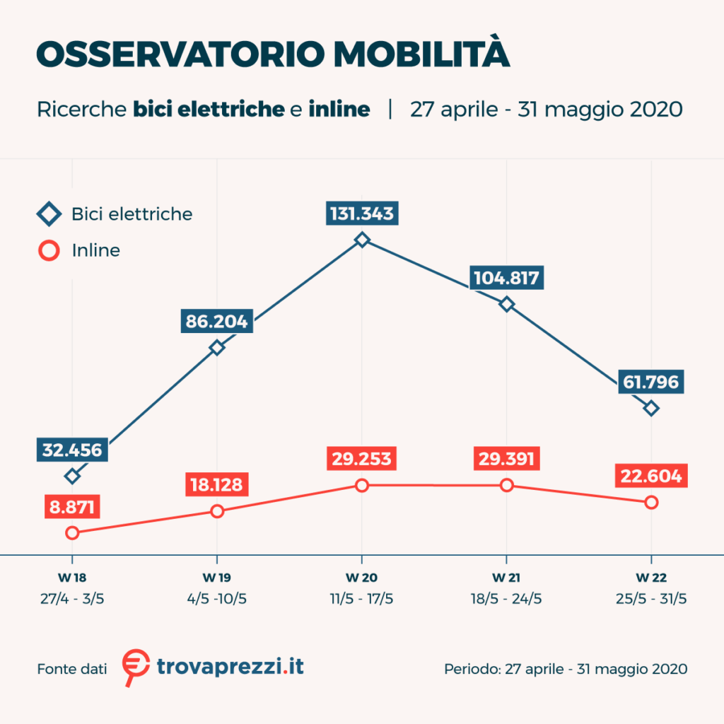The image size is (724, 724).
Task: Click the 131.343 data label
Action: pos(362,214)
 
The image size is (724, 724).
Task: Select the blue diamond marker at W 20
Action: pos(362,240)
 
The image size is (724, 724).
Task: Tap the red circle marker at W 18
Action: pos(72,532)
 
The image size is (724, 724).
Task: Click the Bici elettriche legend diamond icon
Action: pos(49,214)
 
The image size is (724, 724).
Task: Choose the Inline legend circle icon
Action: pos(49,250)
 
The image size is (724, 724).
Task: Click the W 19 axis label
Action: pos(217,577)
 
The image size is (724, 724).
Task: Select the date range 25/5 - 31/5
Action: pos(651,598)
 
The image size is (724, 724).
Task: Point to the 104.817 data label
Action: pos(507,277)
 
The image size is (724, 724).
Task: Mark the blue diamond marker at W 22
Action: pos(651,408)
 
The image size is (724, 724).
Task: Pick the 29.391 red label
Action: pos(506,458)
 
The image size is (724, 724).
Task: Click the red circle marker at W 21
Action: pos(506,485)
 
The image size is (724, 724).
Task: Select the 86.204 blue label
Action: pos(216,322)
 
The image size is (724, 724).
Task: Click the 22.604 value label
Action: pos(651,477)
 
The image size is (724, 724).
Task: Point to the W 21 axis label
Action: pos(506,577)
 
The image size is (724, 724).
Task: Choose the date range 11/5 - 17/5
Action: pos(362,598)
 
